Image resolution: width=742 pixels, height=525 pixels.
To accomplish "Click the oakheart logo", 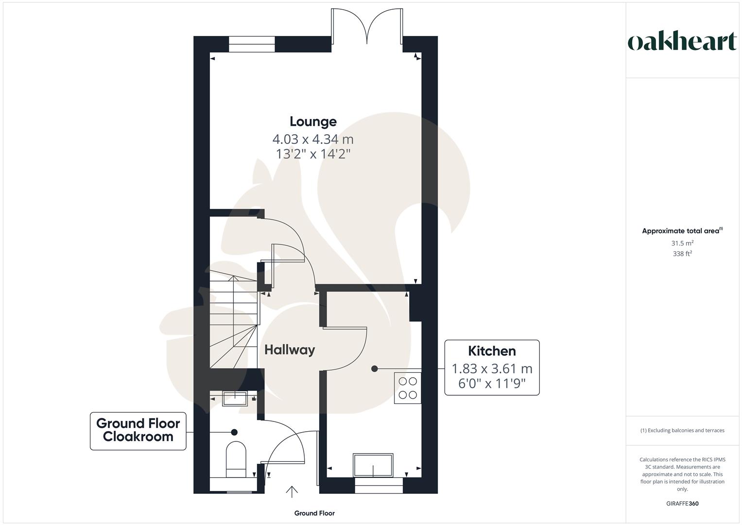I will click(682, 41).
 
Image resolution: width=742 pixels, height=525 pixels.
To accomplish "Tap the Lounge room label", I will click(313, 122).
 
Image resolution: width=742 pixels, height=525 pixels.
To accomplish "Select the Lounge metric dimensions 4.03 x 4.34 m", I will click(313, 140).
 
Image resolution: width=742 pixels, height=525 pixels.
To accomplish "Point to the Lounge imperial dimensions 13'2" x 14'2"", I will click(313, 155).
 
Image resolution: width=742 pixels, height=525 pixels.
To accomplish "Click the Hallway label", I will click(290, 350).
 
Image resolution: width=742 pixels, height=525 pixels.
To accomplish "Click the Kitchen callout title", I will click(492, 351).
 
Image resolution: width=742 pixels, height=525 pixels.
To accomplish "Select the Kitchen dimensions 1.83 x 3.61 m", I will click(492, 368).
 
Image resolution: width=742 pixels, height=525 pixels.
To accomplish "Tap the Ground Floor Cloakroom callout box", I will click(138, 430).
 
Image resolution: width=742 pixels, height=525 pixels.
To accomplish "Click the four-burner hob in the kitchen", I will click(408, 388).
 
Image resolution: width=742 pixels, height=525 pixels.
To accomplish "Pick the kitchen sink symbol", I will click(373, 466).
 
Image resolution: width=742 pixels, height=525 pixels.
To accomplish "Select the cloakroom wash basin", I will click(235, 398).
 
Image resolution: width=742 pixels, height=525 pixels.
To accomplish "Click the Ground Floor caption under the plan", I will click(314, 513).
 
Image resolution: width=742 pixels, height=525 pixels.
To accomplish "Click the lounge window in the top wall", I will click(252, 44).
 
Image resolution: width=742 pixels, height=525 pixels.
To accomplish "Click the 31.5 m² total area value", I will click(682, 243).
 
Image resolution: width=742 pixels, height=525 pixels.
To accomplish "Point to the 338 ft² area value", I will click(682, 254).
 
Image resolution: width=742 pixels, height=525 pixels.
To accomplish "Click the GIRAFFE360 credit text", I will click(682, 504).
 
